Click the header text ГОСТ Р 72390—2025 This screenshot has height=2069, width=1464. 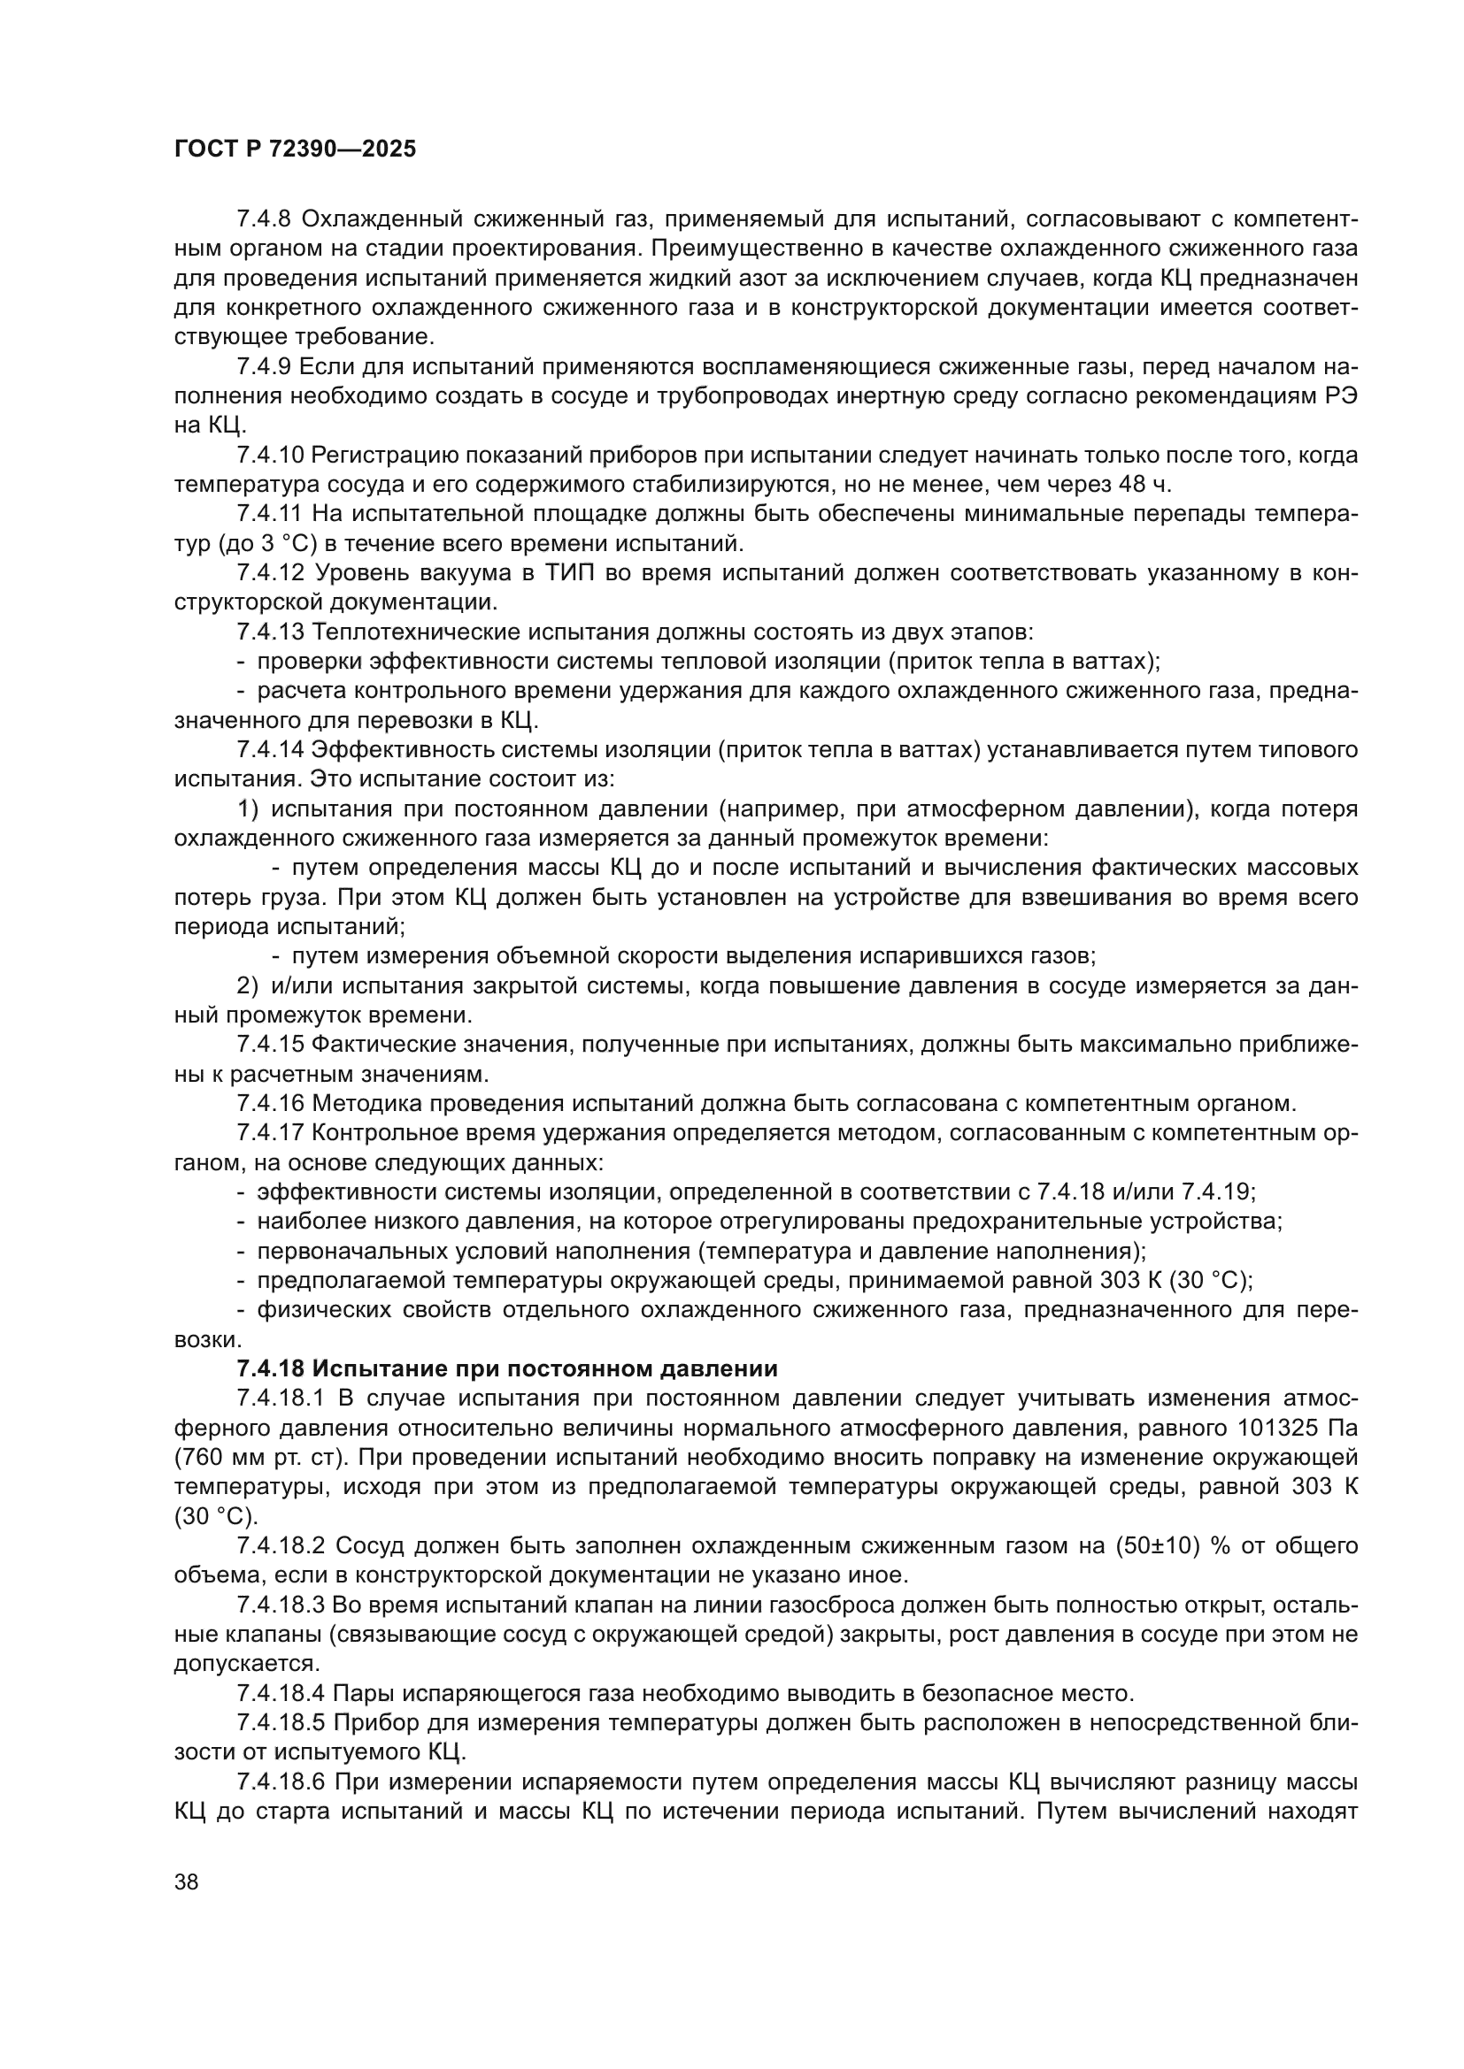[x=295, y=149]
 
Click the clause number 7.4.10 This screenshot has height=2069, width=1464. [x=270, y=455]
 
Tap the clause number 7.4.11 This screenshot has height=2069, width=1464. [x=270, y=515]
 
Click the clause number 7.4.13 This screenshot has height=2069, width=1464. [x=270, y=632]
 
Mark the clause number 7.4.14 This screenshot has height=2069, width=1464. [x=270, y=750]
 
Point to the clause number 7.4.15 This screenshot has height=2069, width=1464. [x=270, y=1045]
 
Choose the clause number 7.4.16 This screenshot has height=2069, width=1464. [x=270, y=1103]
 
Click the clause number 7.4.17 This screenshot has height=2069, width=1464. [x=270, y=1133]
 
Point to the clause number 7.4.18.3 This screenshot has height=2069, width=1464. [x=281, y=1605]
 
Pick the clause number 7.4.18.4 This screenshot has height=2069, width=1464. [x=281, y=1693]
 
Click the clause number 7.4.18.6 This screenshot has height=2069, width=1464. [x=281, y=1782]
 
